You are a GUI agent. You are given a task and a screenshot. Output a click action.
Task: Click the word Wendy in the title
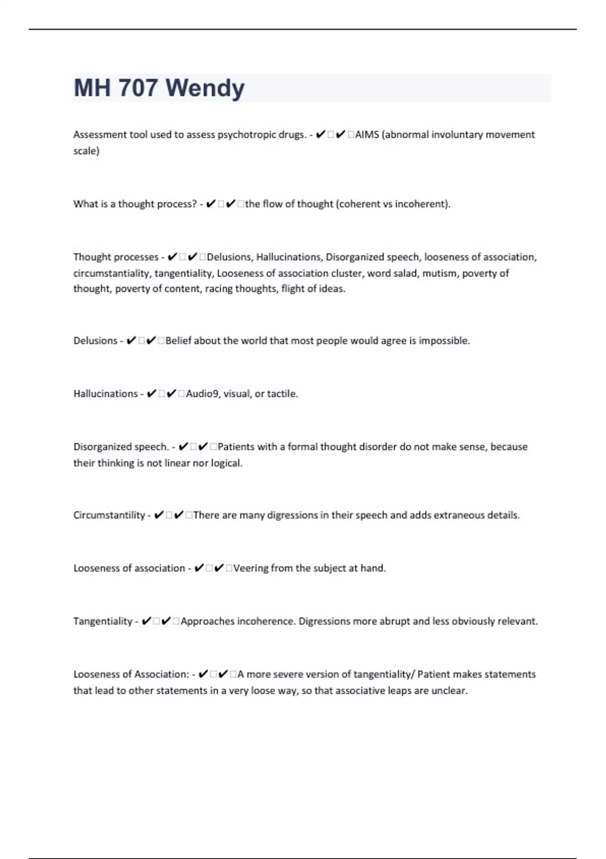(x=205, y=88)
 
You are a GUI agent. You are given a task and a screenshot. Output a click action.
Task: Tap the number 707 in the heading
(x=138, y=88)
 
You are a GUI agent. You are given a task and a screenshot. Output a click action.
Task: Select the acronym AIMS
(x=367, y=135)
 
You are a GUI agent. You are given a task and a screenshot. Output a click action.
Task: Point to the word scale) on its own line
(x=86, y=151)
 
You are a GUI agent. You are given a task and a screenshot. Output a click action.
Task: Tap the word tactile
(x=282, y=394)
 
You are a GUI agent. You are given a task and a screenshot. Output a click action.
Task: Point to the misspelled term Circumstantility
(x=109, y=515)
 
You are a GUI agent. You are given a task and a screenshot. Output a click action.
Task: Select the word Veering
(x=250, y=568)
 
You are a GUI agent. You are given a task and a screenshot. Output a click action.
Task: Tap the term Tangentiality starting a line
(x=103, y=622)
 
